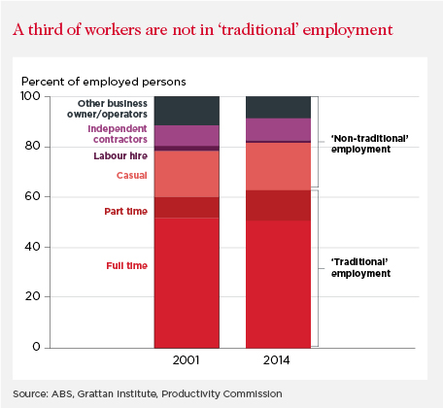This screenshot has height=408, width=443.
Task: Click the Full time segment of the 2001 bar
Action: (187, 283)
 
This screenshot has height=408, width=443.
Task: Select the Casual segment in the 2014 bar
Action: (278, 166)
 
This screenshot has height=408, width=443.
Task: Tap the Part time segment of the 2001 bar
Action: (187, 208)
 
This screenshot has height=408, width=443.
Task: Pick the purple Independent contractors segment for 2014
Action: (278, 130)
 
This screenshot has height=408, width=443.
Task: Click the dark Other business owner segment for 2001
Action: (187, 111)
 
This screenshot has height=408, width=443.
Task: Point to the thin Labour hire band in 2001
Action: (187, 149)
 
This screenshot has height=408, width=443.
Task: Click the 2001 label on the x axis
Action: (186, 360)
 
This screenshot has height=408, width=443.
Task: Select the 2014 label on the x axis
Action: (276, 360)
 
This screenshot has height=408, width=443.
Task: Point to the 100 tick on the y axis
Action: (30, 96)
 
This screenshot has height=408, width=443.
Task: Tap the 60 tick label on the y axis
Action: (32, 196)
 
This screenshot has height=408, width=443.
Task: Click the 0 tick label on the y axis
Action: (36, 347)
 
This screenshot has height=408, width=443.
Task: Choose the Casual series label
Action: (132, 175)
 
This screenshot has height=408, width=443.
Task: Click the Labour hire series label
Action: (120, 155)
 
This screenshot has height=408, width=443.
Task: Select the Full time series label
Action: (127, 265)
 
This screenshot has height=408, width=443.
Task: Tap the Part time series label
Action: (126, 211)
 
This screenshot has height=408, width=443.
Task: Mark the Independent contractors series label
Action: (118, 134)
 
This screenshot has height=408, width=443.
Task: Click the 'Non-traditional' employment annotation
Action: (369, 144)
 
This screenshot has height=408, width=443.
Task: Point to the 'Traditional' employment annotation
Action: (360, 267)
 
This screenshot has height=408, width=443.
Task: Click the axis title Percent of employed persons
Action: (104, 82)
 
